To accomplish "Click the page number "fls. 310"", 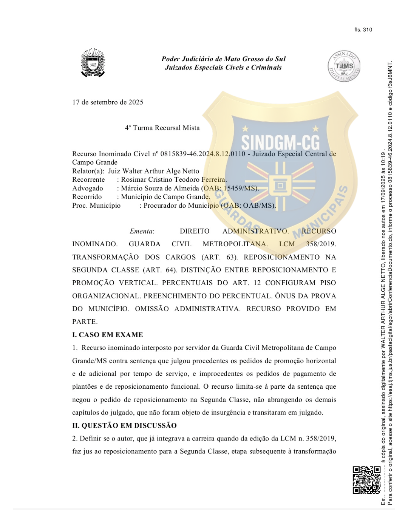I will pyautogui.click(x=363, y=30).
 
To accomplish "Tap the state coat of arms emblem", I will pyautogui.click(x=93, y=63).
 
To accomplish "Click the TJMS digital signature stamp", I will pyautogui.click(x=344, y=66).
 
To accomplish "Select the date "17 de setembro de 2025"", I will pyautogui.click(x=108, y=102).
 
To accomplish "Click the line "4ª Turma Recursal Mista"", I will pyautogui.click(x=162, y=128).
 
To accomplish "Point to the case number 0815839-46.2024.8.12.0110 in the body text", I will pyautogui.click(x=202, y=154).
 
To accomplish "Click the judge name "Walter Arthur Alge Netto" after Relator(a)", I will pyautogui.click(x=153, y=171).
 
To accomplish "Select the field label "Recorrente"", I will pyautogui.click(x=88, y=179).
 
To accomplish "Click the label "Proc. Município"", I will pyautogui.click(x=96, y=206).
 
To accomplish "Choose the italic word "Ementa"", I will pyautogui.click(x=141, y=231).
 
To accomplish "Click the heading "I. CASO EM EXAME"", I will pyautogui.click(x=108, y=335).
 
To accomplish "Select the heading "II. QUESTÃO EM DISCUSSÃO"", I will pyautogui.click(x=124, y=425).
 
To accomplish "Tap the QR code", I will pyautogui.click(x=366, y=480).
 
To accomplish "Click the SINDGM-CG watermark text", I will pyautogui.click(x=280, y=143).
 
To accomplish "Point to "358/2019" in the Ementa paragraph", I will pyautogui.click(x=321, y=244).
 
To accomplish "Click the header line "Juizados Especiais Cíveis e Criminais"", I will pyautogui.click(x=223, y=68).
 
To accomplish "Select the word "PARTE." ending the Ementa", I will pyautogui.click(x=85, y=322).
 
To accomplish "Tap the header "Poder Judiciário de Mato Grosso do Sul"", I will pyautogui.click(x=223, y=59).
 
